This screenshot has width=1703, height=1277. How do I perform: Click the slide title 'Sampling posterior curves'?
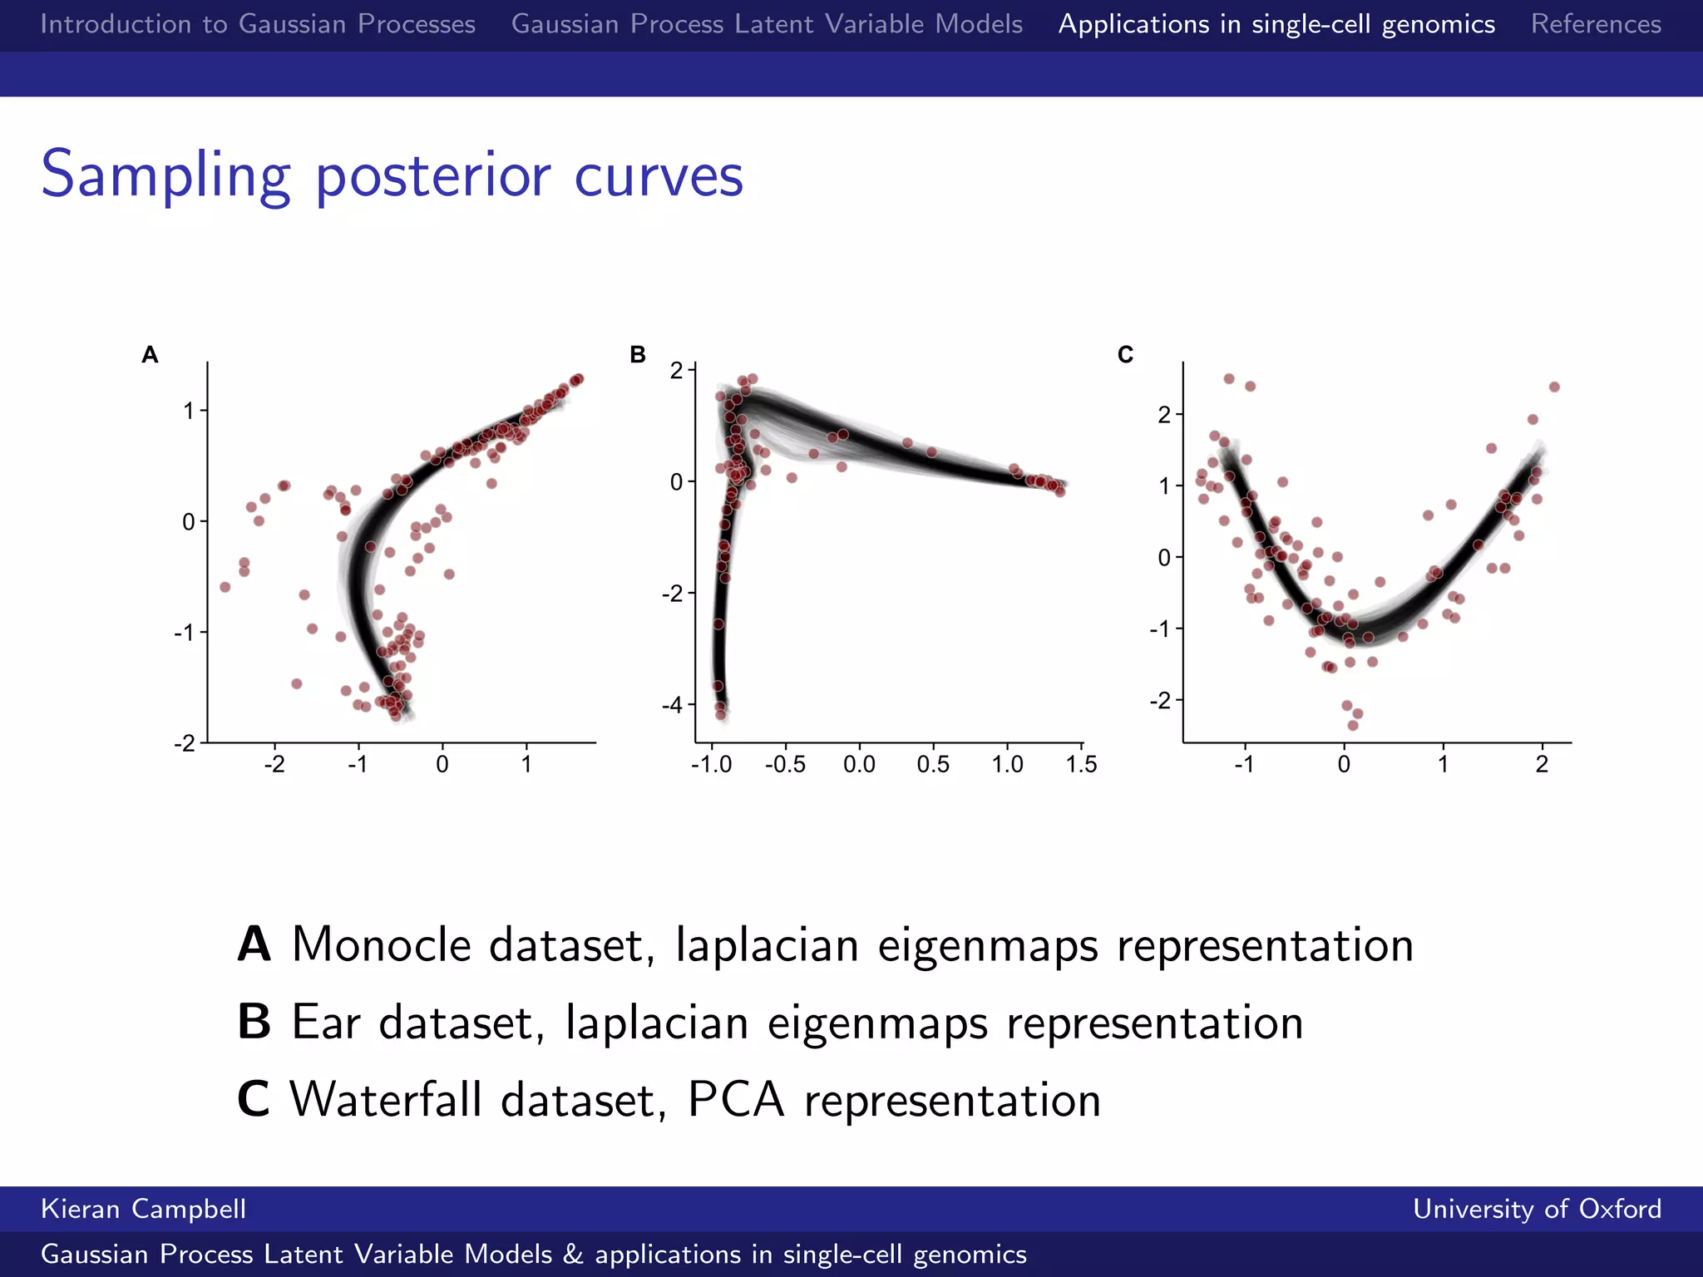pyautogui.click(x=392, y=175)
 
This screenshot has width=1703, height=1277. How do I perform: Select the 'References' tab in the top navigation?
pyautogui.click(x=1596, y=24)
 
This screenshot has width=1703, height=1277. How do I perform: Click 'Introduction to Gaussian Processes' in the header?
pyautogui.click(x=258, y=24)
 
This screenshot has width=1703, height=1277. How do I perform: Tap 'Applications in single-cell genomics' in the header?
pyautogui.click(x=1276, y=24)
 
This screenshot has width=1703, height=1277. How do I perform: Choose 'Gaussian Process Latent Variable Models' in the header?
pyautogui.click(x=767, y=24)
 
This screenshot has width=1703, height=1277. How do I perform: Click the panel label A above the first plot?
pyautogui.click(x=150, y=355)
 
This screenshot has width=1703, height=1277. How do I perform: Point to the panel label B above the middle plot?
pyautogui.click(x=638, y=355)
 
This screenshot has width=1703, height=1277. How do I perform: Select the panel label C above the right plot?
pyautogui.click(x=1125, y=355)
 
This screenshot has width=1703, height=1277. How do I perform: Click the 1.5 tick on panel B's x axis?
pyautogui.click(x=1081, y=764)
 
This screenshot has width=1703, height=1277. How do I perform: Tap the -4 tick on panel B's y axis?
pyautogui.click(x=672, y=705)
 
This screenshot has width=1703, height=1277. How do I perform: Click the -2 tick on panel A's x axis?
pyautogui.click(x=274, y=764)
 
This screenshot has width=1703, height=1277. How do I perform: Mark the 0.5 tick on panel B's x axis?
pyautogui.click(x=933, y=764)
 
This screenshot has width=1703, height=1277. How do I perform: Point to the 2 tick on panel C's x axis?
pyautogui.click(x=1542, y=764)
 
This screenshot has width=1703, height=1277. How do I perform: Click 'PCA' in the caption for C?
pyautogui.click(x=736, y=1100)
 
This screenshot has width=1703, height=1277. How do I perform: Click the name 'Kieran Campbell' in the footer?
pyautogui.click(x=143, y=1209)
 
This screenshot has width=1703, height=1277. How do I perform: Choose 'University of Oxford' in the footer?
pyautogui.click(x=1537, y=1209)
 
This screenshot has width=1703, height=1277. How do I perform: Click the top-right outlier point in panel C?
pyautogui.click(x=1554, y=387)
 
